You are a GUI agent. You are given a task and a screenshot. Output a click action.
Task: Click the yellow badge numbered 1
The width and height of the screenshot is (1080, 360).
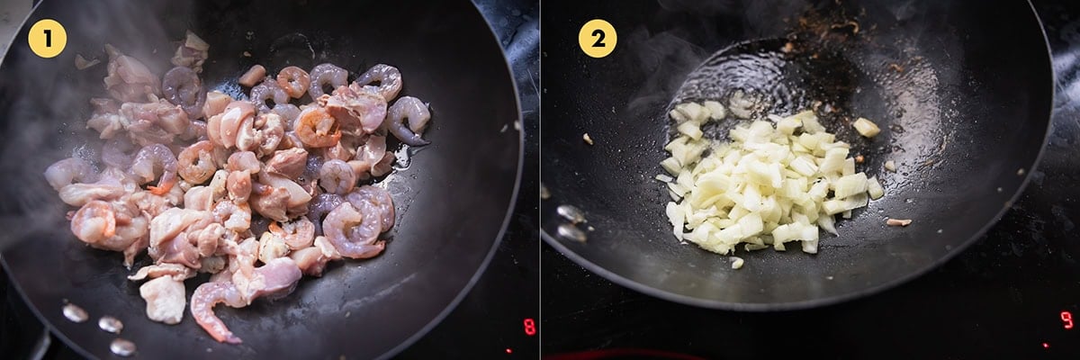(47, 39)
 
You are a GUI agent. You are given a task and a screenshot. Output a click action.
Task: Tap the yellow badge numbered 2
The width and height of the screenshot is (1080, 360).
(598, 39)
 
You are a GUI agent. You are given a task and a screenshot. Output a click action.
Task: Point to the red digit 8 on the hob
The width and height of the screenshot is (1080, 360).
(529, 327)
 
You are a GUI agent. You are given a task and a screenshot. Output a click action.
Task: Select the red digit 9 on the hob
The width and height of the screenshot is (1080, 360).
(1066, 319)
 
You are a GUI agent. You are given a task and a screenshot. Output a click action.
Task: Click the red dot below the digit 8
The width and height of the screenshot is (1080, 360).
(508, 350)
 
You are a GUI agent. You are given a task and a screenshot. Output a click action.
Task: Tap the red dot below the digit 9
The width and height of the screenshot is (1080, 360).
(1045, 345)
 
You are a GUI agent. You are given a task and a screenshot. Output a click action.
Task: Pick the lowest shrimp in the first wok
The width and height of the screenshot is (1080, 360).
(212, 310)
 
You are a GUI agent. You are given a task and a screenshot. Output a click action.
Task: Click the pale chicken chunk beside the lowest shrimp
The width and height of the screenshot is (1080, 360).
(163, 299)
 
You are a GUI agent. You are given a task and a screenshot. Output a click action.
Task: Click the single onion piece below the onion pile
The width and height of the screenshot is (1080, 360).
(736, 263)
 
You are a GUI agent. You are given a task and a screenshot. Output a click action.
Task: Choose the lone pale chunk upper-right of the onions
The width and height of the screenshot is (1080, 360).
(867, 127)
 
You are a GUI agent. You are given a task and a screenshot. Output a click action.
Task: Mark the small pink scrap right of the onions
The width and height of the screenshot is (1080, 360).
(899, 222)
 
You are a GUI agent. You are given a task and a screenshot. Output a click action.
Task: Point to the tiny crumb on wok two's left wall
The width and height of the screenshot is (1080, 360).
(588, 139)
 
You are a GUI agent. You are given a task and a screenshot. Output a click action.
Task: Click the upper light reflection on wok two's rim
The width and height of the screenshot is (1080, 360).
(571, 214)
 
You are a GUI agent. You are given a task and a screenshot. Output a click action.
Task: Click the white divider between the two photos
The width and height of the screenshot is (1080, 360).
(540, 180)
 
